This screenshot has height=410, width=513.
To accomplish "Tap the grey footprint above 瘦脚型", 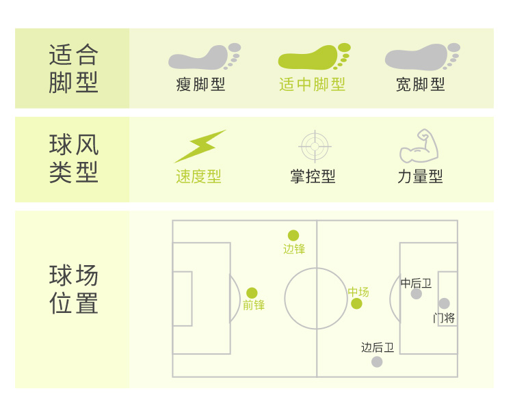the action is pyautogui.click(x=205, y=57).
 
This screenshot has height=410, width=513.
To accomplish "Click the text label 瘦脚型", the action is pyautogui.click(x=200, y=85).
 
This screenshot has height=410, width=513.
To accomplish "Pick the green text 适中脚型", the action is pyautogui.click(x=313, y=85).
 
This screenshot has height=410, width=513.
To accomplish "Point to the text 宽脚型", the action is pyautogui.click(x=421, y=85).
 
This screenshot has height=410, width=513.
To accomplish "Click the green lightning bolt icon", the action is pyautogui.click(x=199, y=146).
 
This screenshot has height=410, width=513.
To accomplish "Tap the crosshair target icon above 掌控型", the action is pyautogui.click(x=315, y=146).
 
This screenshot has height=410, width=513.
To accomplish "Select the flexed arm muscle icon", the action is pyautogui.click(x=419, y=146).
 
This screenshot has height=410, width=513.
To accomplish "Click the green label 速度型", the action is pyautogui.click(x=198, y=176).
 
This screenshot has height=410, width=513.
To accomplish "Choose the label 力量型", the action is pyautogui.click(x=420, y=176).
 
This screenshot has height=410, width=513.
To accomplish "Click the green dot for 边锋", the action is pyautogui.click(x=293, y=235).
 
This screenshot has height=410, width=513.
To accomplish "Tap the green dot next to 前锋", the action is pyautogui.click(x=252, y=292).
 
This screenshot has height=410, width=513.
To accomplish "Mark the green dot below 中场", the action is pyautogui.click(x=356, y=303).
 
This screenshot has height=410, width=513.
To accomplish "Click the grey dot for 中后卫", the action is pyautogui.click(x=417, y=294).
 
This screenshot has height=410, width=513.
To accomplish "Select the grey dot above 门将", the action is pyautogui.click(x=444, y=303).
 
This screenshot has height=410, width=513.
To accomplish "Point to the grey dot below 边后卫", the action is pyautogui.click(x=377, y=361).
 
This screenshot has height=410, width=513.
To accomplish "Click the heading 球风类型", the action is pyautogui.click(x=74, y=159).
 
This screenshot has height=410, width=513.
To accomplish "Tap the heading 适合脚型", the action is pyautogui.click(x=74, y=68).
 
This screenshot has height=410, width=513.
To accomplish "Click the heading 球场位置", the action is pyautogui.click(x=74, y=290).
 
